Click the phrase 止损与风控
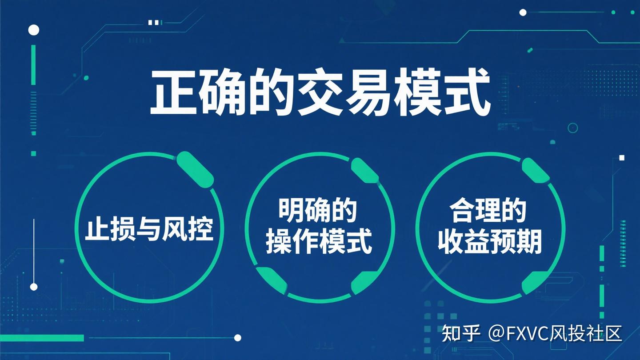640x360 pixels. (149, 228)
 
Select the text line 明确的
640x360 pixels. (318, 210)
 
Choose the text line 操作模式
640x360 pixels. (318, 242)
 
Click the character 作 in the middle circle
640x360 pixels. (305, 242)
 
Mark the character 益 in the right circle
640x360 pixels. (476, 242)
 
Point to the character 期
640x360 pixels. (529, 242)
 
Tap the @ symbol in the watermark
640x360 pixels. (497, 333)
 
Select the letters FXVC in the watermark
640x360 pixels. (528, 333)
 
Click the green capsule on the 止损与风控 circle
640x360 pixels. (195, 169)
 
